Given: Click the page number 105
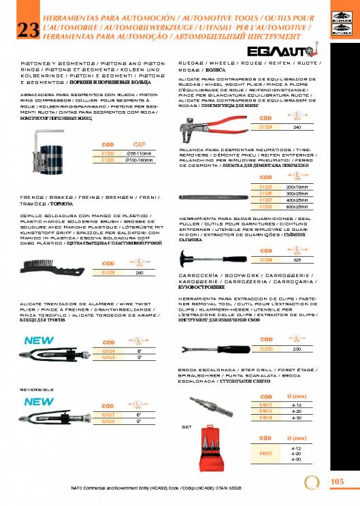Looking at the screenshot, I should [x=337, y=481].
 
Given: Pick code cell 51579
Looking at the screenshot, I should [x=108, y=272].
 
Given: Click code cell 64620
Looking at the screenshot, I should [x=267, y=453].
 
